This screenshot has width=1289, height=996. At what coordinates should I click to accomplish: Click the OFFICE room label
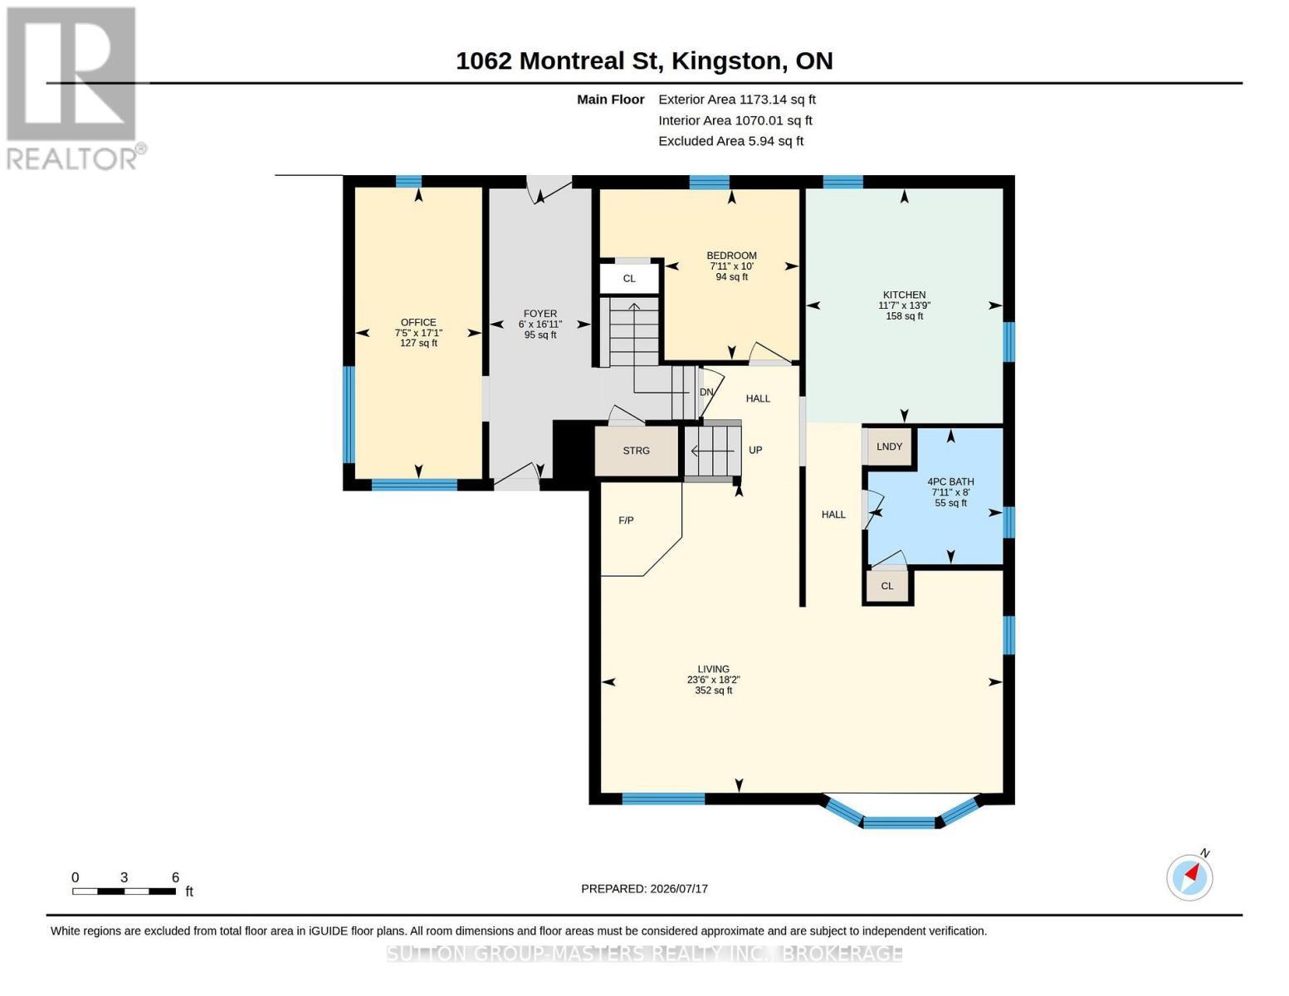pyautogui.click(x=418, y=322)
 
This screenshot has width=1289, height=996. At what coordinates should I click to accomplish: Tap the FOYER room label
pyautogui.click(x=540, y=313)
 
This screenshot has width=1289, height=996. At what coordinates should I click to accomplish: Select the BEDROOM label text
pyautogui.click(x=731, y=256)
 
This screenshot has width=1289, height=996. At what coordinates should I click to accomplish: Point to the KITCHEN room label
pyautogui.click(x=904, y=295)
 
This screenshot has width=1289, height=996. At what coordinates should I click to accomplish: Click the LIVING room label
pyautogui.click(x=713, y=669)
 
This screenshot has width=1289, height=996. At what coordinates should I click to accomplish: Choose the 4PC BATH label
pyautogui.click(x=950, y=481)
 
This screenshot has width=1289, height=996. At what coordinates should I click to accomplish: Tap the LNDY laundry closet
pyautogui.click(x=889, y=447)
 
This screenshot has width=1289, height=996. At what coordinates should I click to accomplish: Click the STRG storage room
pyautogui.click(x=636, y=451)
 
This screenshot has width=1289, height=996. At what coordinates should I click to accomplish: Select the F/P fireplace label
pyautogui.click(x=626, y=520)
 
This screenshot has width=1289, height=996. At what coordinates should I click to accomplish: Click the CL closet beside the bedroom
pyautogui.click(x=629, y=278)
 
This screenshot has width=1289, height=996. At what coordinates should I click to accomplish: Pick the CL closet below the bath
pyautogui.click(x=886, y=586)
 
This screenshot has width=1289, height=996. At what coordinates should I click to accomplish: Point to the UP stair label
pyautogui.click(x=755, y=450)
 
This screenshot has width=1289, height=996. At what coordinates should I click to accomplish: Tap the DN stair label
pyautogui.click(x=706, y=392)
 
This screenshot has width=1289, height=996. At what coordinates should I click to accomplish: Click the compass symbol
pyautogui.click(x=1189, y=877)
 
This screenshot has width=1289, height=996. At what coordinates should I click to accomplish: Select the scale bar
pyautogui.click(x=124, y=891)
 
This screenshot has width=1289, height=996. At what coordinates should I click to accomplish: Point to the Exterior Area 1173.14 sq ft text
pyautogui.click(x=737, y=100)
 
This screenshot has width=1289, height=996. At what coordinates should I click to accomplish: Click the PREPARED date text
pyautogui.click(x=644, y=889)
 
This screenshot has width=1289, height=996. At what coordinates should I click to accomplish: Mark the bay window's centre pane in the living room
pyautogui.click(x=899, y=823)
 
